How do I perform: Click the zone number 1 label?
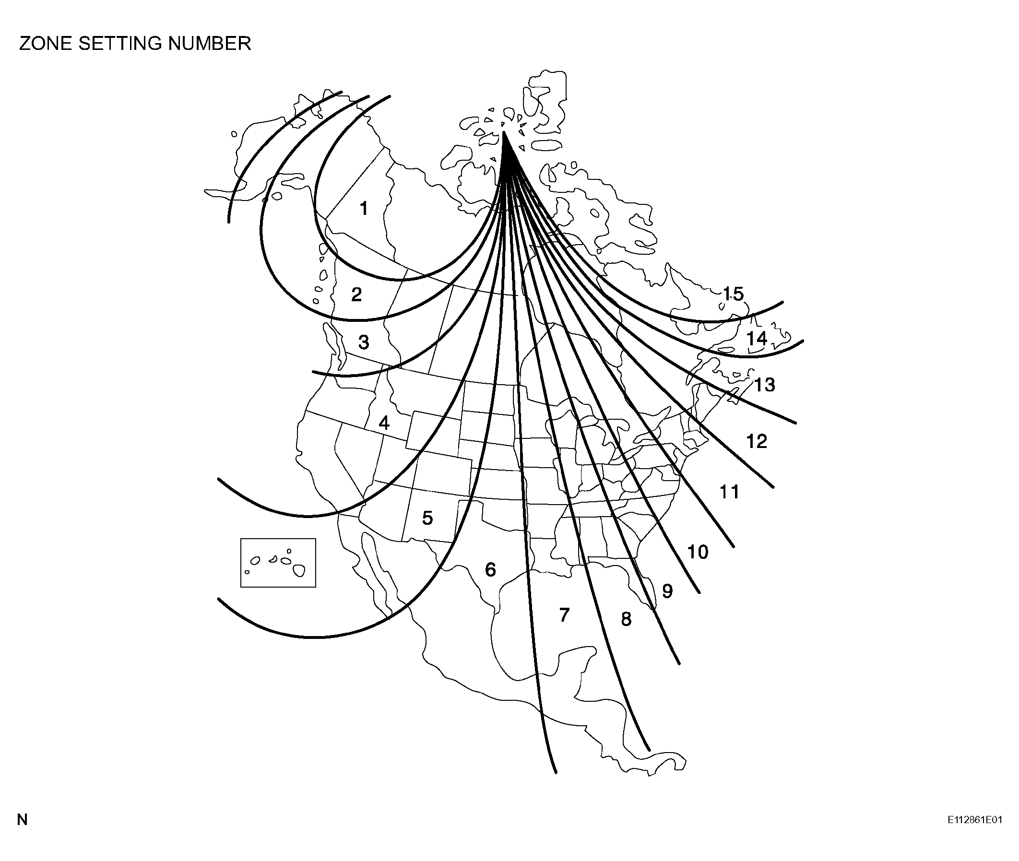[364, 209]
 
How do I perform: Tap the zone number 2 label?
[356, 295]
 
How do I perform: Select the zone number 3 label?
[364, 342]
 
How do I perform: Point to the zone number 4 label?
[384, 423]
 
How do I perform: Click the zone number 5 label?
[428, 518]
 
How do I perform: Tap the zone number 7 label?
[564, 615]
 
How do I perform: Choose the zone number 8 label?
[627, 619]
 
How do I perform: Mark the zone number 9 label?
[667, 591]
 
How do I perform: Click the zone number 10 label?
[698, 552]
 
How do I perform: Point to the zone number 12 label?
[757, 441]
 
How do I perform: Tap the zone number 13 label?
[765, 385]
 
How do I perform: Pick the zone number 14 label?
[757, 339]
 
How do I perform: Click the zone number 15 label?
[733, 294]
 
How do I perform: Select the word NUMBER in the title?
[210, 44]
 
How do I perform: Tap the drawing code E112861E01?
[975, 820]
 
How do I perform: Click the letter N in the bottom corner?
[22, 820]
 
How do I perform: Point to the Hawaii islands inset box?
[278, 539]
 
